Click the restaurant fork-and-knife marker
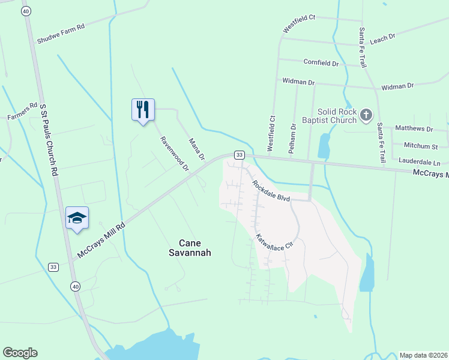(x=143, y=109)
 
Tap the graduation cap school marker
(x=77, y=217)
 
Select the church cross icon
(x=366, y=114)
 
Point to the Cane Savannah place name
(x=195, y=248)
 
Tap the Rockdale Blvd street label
(x=271, y=191)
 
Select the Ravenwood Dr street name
(x=174, y=154)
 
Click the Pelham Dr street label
(x=293, y=139)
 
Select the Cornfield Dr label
(x=321, y=63)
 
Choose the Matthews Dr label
(x=414, y=128)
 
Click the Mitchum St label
(x=420, y=146)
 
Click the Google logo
(x=20, y=353)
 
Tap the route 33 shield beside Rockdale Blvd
(x=239, y=155)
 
